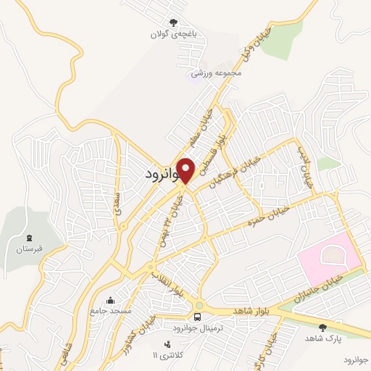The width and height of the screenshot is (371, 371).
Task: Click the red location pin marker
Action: pos(186,170)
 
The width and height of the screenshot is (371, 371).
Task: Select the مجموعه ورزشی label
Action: pos(215,73)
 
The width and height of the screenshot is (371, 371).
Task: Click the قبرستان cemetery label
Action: pos(30,249)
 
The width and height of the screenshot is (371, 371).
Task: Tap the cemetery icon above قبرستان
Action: pos(30,238)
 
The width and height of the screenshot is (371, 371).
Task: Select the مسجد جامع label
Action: pos(110,311)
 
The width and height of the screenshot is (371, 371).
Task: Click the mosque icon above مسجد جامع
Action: pos(110,301)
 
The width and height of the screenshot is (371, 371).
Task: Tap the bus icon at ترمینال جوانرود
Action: pos(197,317)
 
